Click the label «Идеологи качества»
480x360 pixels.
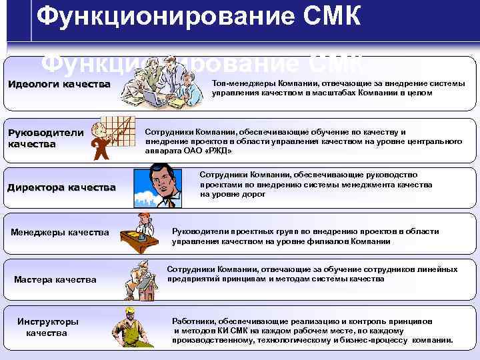tap(59, 84)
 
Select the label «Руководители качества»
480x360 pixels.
tap(45, 137)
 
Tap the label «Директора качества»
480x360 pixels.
tap(61, 187)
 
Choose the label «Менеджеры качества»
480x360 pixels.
tap(60, 232)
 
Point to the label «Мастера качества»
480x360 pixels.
tap(55, 279)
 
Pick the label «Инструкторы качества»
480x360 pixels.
tap(47, 327)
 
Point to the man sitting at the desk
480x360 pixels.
tap(145, 233)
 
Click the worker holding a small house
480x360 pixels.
tap(141, 279)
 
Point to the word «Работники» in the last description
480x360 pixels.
tap(194, 321)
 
